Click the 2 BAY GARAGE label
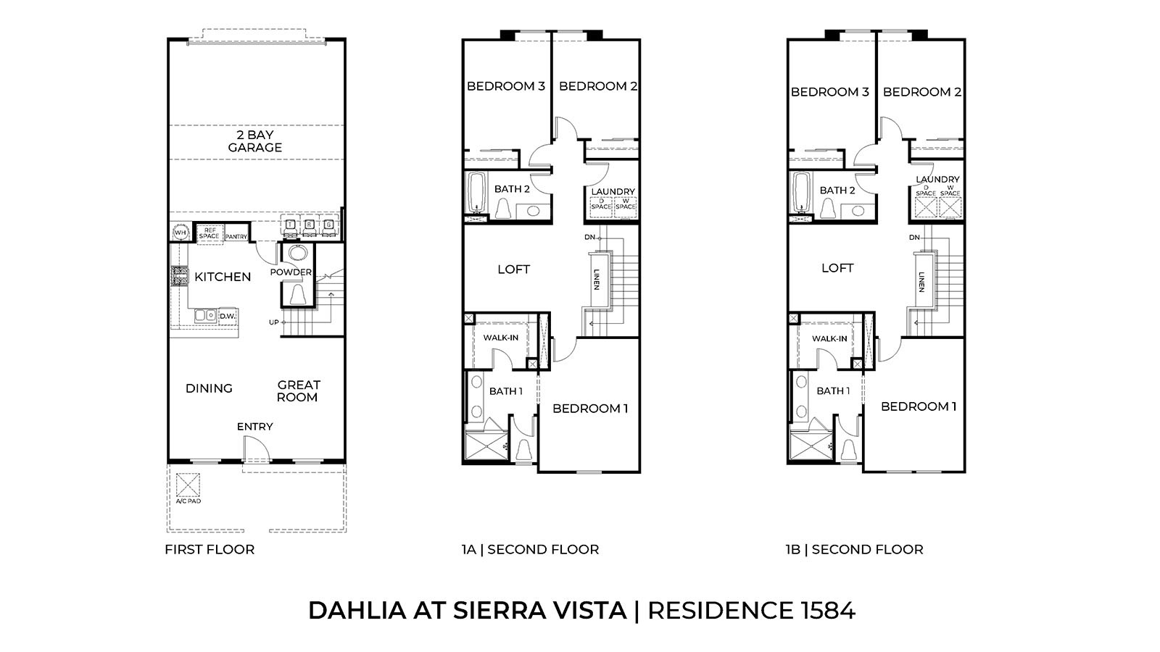pyautogui.click(x=254, y=141)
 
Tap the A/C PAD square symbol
pyautogui.click(x=188, y=484)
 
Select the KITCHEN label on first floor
pyautogui.click(x=223, y=277)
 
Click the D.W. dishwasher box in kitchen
pyautogui.click(x=228, y=316)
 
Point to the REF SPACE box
pyautogui.click(x=209, y=233)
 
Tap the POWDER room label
pyautogui.click(x=290, y=272)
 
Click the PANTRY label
pyautogui.click(x=236, y=237)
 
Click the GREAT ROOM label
pyautogui.click(x=298, y=391)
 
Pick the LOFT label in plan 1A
pyautogui.click(x=513, y=269)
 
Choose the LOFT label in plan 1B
pyautogui.click(x=837, y=268)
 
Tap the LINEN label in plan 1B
pyautogui.click(x=921, y=282)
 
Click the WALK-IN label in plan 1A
pyautogui.click(x=501, y=338)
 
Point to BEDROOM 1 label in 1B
pyautogui.click(x=919, y=406)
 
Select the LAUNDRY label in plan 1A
pyautogui.click(x=613, y=192)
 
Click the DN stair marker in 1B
pyautogui.click(x=914, y=238)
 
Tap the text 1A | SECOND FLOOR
pyautogui.click(x=530, y=549)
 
